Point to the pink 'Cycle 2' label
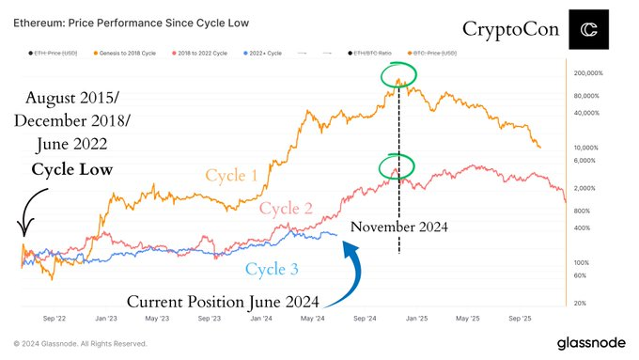pyautogui.click(x=287, y=208)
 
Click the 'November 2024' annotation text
pyautogui.click(x=398, y=227)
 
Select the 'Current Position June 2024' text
pyautogui.click(x=223, y=302)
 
